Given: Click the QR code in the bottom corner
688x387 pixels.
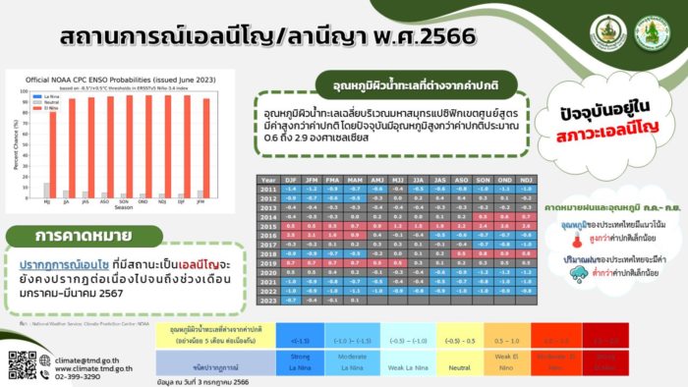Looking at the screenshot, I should pos(22,363).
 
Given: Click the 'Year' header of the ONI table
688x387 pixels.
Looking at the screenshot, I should pos(269,179).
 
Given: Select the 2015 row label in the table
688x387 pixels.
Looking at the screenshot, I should pos(269,225).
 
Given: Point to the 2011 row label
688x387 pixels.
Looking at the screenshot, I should pos(269,189).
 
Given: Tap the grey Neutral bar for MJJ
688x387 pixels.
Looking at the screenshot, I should pos(45,191).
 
